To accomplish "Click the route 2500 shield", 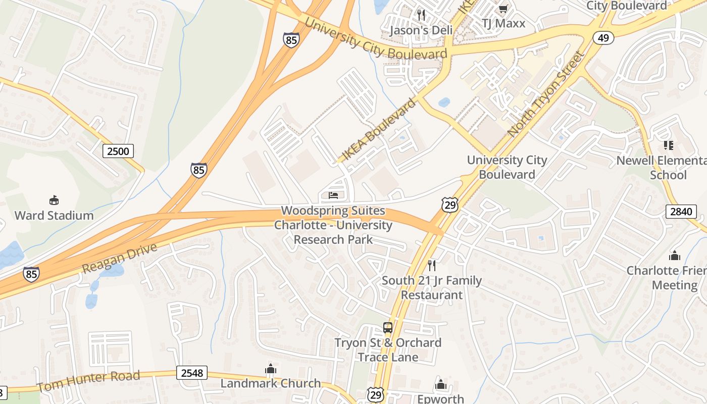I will pyautogui.click(x=119, y=150).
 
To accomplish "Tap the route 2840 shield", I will pyautogui.click(x=680, y=211).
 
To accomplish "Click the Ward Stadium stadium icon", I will pyautogui.click(x=54, y=200).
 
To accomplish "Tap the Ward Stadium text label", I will pyautogui.click(x=54, y=216).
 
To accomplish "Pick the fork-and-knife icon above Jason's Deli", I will pyautogui.click(x=421, y=15).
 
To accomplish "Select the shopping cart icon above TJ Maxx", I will pyautogui.click(x=503, y=9).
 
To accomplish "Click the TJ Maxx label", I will pyautogui.click(x=503, y=23).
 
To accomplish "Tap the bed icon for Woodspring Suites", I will pyautogui.click(x=333, y=195).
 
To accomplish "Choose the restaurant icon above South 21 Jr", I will pyautogui.click(x=432, y=265).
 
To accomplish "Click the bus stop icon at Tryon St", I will pyautogui.click(x=387, y=327).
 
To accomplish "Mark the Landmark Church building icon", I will pyautogui.click(x=271, y=369).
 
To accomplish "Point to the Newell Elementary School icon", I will pyautogui.click(x=669, y=145).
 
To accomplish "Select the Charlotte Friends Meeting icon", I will pyautogui.click(x=674, y=256).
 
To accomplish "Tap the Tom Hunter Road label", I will pyautogui.click(x=88, y=381).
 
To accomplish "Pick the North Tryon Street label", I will pyautogui.click(x=546, y=94).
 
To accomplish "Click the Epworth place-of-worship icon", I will pyautogui.click(x=441, y=385).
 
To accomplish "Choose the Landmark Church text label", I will pyautogui.click(x=271, y=383).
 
